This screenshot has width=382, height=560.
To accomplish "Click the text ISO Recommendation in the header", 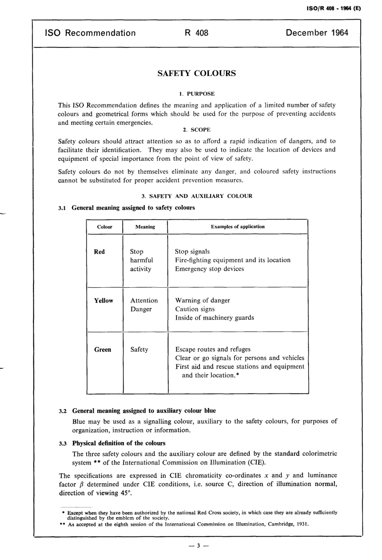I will pyautogui.click(x=90, y=33).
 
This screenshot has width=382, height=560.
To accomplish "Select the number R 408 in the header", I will pyautogui.click(x=196, y=33).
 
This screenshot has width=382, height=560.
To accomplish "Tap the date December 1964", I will pyautogui.click(x=317, y=33).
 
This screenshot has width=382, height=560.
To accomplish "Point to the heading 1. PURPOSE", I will pyautogui.click(x=197, y=94).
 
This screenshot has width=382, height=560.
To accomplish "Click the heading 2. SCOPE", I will pyautogui.click(x=197, y=130).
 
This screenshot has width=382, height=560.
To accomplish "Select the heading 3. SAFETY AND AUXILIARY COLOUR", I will pyautogui.click(x=197, y=196).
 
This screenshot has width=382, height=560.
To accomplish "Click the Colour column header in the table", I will pyautogui.click(x=105, y=227).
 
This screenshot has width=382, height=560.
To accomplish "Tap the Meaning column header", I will pyautogui.click(x=145, y=227).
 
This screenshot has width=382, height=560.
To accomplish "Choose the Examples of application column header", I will pyautogui.click(x=238, y=226).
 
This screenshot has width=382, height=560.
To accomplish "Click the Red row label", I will pyautogui.click(x=99, y=252).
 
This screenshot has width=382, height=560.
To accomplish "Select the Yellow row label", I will pyautogui.click(x=103, y=301).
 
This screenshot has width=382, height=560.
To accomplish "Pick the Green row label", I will pyautogui.click(x=103, y=350).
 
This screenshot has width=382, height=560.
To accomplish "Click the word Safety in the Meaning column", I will pyautogui.click(x=139, y=350).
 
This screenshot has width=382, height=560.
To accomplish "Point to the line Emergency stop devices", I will pyautogui.click(x=209, y=269).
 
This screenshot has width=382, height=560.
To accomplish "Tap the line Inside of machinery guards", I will pyautogui.click(x=214, y=318).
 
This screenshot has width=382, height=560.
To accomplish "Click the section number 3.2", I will pyautogui.click(x=63, y=411).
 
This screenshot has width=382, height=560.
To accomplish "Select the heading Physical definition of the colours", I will pyautogui.click(x=119, y=443).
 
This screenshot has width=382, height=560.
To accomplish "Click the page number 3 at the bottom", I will pyautogui.click(x=197, y=546).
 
